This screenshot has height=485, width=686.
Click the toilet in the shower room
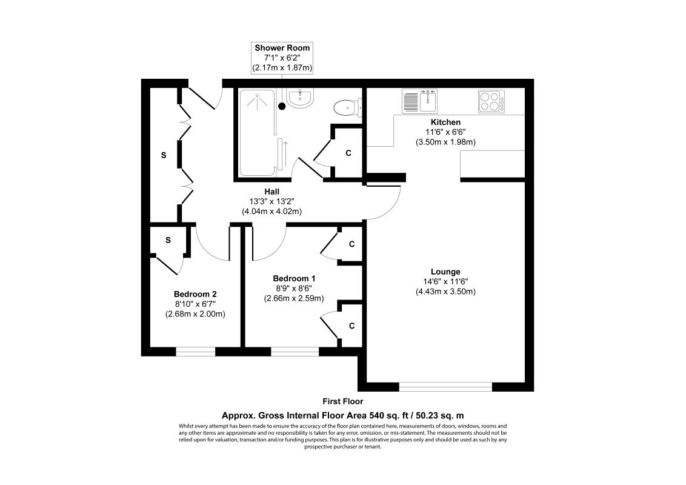347,107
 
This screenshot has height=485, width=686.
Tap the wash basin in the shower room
300,98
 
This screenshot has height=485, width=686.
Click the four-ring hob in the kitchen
491,101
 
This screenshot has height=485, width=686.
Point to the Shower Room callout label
283,58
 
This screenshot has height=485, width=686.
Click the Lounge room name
445,272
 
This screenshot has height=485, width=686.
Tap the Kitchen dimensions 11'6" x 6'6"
445,132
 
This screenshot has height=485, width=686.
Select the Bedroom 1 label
294,278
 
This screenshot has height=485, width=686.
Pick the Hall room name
271,191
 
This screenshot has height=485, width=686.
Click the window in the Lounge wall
445,386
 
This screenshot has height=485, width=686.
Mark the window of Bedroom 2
196,351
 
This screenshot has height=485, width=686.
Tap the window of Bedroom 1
295,351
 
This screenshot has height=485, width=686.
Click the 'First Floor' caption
343,401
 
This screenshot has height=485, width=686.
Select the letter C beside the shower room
348,153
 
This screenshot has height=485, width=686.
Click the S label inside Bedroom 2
168,240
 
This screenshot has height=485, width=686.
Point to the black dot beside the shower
282,107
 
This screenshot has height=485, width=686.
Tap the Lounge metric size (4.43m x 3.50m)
445,292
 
